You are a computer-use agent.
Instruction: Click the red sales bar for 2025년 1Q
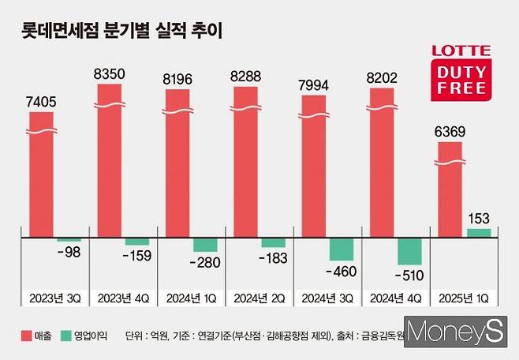tap(450, 189)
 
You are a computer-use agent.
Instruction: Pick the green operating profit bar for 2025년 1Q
tap(479, 233)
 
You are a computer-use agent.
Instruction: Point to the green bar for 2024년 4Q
tap(409, 251)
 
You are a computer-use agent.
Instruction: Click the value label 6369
tap(450, 130)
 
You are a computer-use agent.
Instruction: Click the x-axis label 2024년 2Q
tap(259, 298)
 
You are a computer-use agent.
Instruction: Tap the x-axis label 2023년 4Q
tap(122, 298)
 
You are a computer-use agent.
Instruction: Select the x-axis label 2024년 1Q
tap(190, 298)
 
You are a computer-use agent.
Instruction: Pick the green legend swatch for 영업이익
tap(69, 335)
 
